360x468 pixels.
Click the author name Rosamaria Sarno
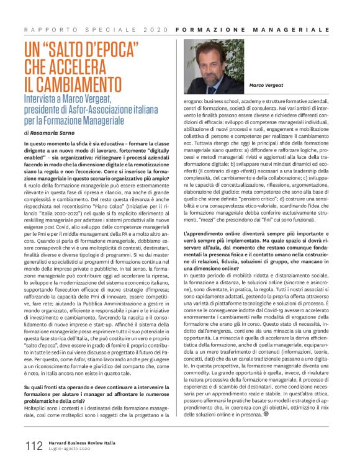tap(52, 132)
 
